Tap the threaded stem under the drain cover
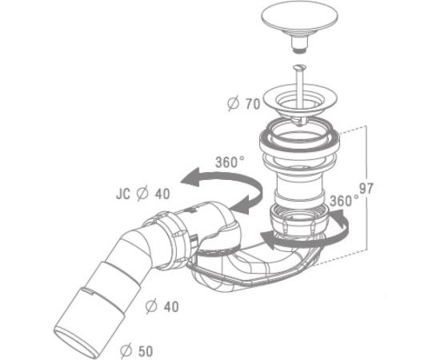point(299,44)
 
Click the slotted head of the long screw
point(300,68)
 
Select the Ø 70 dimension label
point(244,103)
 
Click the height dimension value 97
point(366,189)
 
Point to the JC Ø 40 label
point(143,194)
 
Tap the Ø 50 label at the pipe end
point(137,350)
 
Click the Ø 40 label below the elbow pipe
point(162,306)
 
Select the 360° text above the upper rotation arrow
point(230,162)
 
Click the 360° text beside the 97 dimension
point(344,201)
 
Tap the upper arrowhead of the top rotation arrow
point(190,178)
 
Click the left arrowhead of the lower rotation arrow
point(269,240)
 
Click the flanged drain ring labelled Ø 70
point(299,102)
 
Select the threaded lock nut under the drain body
point(299,221)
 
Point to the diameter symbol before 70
point(233,103)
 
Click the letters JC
point(123,194)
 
